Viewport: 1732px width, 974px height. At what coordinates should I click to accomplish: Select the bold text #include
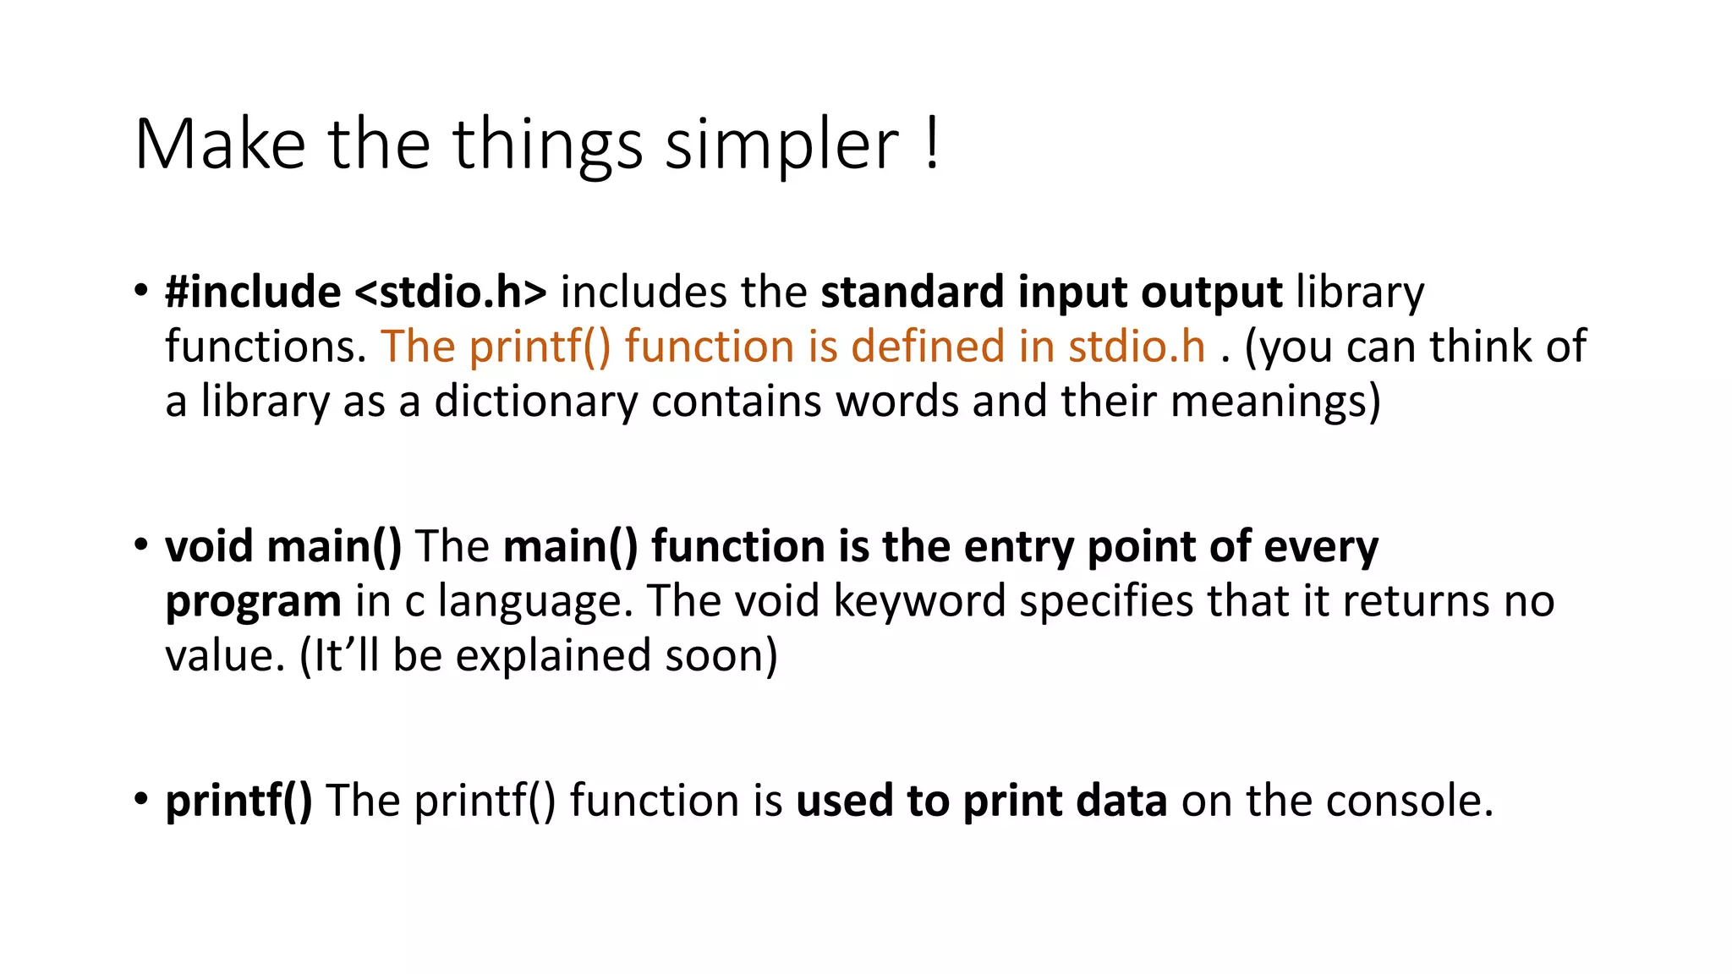pos(253,293)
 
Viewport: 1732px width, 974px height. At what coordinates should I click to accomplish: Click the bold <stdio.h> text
pos(451,293)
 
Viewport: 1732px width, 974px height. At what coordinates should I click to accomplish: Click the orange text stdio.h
pos(1137,347)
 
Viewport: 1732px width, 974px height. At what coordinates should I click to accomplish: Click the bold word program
pos(253,602)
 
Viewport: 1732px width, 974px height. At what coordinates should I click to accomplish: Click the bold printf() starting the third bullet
pos(238,801)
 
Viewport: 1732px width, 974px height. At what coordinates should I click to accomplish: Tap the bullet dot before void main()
pos(141,545)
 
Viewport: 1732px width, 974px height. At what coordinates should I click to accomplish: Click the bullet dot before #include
pos(141,291)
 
